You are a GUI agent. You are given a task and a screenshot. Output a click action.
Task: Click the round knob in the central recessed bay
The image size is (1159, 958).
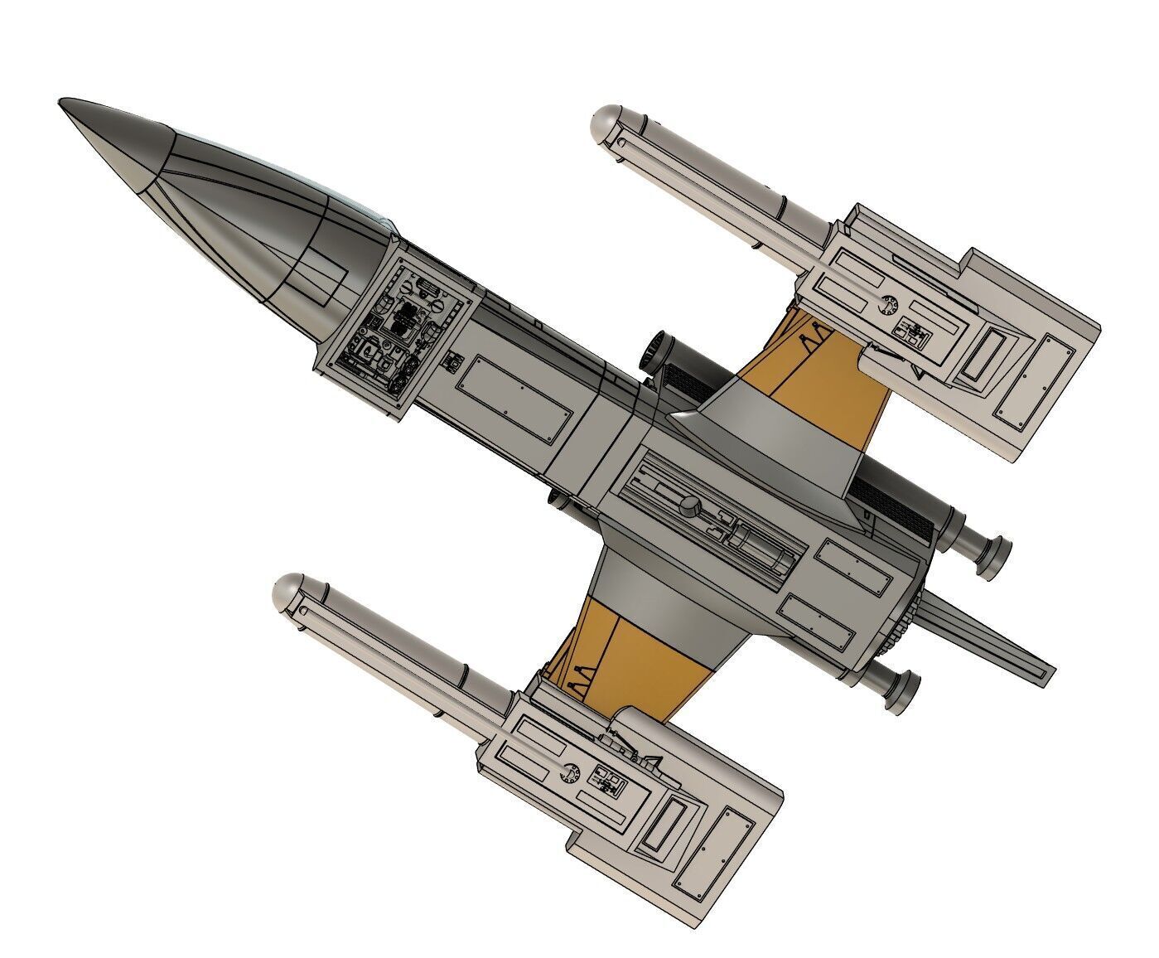click(x=689, y=503)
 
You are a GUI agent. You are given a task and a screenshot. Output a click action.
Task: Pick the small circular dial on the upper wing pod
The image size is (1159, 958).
click(x=887, y=306)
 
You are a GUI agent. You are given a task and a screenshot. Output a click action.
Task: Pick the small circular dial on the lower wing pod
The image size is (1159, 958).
click(x=570, y=772)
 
